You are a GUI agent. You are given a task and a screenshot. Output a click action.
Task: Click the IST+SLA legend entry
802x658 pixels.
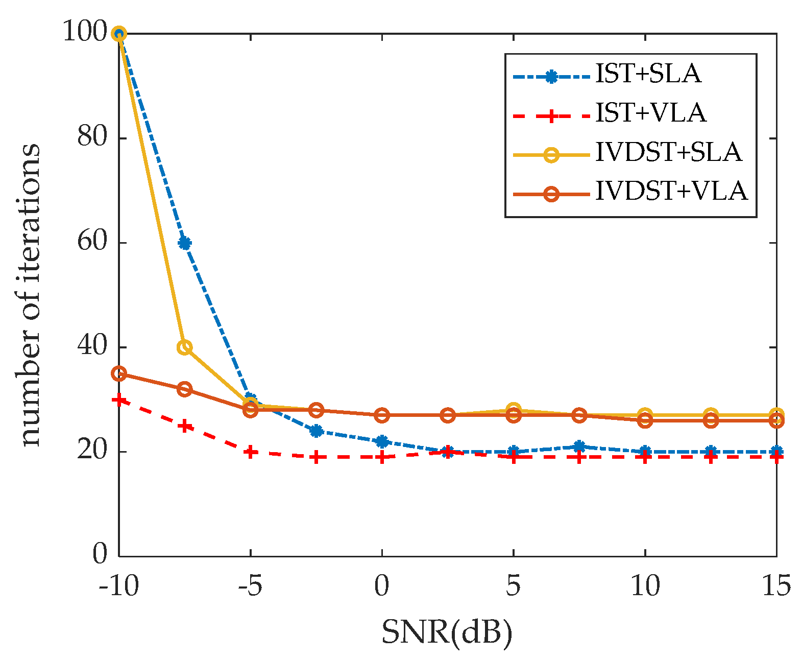[x=648, y=75]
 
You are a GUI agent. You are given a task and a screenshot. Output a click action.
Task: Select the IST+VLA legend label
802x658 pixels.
[x=651, y=113]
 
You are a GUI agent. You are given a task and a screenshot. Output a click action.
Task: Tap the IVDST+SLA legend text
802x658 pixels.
[x=668, y=153]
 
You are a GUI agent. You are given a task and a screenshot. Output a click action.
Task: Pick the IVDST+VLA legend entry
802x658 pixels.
[x=671, y=192]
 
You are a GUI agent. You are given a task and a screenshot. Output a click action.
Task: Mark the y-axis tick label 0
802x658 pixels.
[x=100, y=555]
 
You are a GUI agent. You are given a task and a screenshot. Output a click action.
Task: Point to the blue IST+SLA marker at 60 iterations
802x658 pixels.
[x=184, y=243]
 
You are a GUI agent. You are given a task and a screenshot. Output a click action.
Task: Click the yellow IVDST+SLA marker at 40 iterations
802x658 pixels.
[x=184, y=347]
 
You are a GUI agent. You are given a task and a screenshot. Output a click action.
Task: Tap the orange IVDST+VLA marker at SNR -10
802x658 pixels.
[x=119, y=373]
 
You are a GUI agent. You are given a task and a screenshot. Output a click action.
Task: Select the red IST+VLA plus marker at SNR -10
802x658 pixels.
[x=119, y=400]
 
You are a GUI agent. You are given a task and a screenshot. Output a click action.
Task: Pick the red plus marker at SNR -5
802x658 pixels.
[x=250, y=452]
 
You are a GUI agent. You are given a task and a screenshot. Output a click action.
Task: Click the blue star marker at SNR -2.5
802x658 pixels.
[x=316, y=431]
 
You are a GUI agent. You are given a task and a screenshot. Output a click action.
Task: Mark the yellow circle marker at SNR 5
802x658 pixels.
[x=514, y=410]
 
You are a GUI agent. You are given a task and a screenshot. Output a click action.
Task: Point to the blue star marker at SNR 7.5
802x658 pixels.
[x=579, y=447]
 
